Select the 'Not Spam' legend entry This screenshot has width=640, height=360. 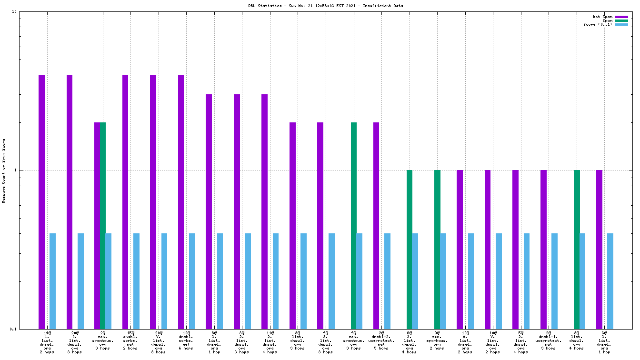[602, 17]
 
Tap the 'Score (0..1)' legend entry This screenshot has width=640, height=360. [598, 24]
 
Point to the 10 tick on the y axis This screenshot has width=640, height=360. [14, 11]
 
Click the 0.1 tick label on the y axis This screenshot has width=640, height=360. [13, 329]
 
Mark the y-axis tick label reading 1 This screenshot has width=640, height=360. [15, 170]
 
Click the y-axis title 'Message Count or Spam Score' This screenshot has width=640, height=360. [4, 171]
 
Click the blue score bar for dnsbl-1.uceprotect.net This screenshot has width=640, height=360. [554, 281]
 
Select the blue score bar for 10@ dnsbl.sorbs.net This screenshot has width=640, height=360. [192, 281]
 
